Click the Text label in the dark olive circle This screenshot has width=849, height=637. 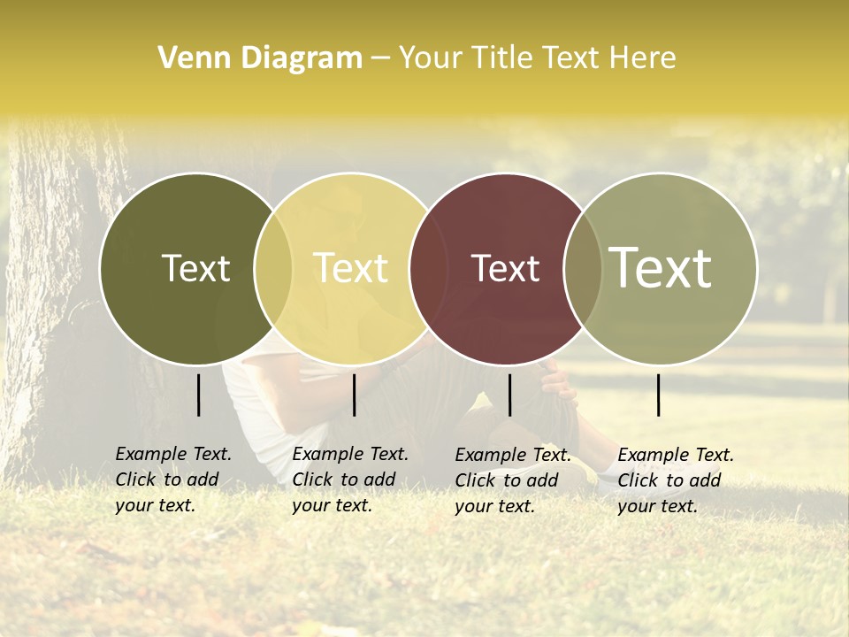coord(195,268)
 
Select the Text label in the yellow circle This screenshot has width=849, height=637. coord(351,268)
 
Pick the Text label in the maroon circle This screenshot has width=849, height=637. coord(505,268)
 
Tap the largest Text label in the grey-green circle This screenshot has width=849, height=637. coord(661,267)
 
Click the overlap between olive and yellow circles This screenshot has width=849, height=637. coord(273,268)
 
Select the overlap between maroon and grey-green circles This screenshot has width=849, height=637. coord(583,268)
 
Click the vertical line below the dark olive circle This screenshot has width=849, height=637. coord(199,395)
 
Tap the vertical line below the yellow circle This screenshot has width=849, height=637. coord(354,395)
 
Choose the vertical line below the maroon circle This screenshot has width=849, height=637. coord(509,395)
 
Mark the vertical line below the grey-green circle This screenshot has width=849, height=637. coord(659,395)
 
